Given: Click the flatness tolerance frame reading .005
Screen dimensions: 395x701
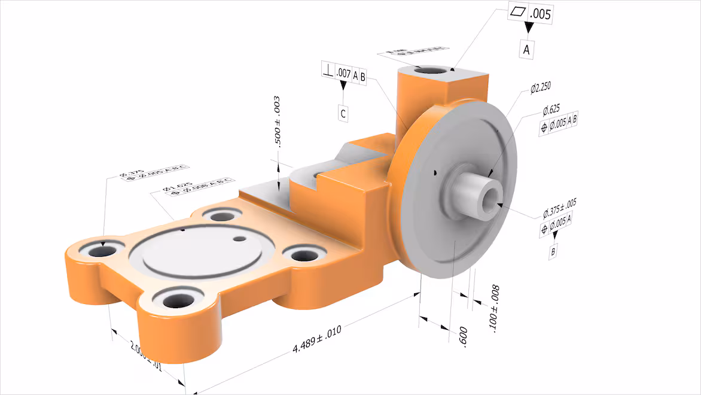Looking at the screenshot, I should click(x=531, y=12).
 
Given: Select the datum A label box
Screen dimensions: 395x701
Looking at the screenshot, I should click(x=526, y=50).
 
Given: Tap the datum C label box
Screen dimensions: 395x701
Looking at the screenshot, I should click(x=343, y=113).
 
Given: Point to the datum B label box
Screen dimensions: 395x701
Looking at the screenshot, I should click(x=553, y=252).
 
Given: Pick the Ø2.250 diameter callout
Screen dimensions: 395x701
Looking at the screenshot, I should click(x=540, y=89).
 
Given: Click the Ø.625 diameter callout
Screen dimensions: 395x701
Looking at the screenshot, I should click(x=551, y=111).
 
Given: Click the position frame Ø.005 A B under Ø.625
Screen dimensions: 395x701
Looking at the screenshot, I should click(x=559, y=126).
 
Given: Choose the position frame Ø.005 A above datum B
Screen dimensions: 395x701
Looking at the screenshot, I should click(x=556, y=227).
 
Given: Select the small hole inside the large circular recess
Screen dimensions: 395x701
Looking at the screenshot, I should click(x=239, y=239).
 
